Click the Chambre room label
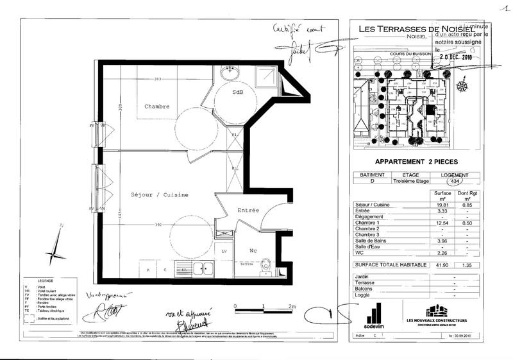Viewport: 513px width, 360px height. [x=157, y=106]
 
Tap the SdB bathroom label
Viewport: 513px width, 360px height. [x=238, y=92]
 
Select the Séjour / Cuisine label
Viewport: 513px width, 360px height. [x=158, y=194]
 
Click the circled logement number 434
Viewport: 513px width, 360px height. [x=456, y=182]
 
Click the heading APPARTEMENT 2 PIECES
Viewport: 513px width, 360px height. [x=414, y=163]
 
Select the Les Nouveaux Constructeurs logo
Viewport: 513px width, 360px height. [x=436, y=314]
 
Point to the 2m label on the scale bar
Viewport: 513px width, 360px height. [x=292, y=307]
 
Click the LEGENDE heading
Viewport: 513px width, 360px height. [x=46, y=281]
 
